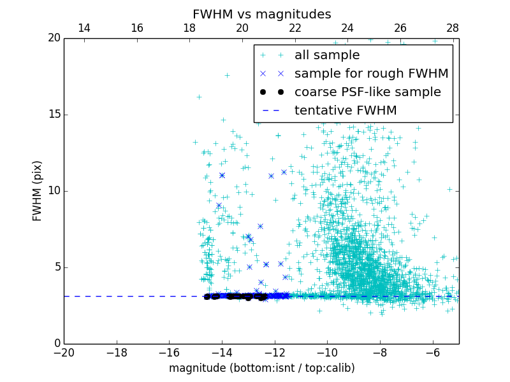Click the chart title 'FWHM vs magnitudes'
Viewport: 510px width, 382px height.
coord(261,14)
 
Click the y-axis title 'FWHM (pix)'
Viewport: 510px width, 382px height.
coord(37,190)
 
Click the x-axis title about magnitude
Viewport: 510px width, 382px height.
coord(261,368)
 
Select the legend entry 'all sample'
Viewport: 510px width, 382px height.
coord(327,55)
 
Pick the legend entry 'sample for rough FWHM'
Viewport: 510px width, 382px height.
coord(371,74)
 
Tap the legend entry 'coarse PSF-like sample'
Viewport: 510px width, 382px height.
coord(367,92)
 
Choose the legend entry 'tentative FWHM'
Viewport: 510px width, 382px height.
coord(346,111)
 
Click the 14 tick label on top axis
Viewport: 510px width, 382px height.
coord(84,28)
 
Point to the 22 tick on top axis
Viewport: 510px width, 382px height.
coord(295,28)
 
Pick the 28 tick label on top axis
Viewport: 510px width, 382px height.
coord(453,28)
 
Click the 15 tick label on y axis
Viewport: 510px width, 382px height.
coord(52,115)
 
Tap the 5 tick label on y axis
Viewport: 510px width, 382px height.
coord(55,267)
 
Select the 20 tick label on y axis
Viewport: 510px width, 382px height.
coord(52,38)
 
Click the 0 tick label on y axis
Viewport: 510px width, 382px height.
coord(55,344)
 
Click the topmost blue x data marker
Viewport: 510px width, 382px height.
coord(284,172)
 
